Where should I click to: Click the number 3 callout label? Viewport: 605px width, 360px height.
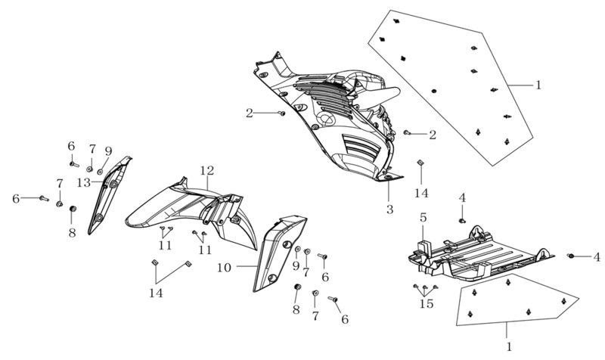(389, 209)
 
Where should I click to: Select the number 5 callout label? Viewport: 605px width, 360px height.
(423, 218)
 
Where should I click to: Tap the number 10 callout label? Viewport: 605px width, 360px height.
(224, 268)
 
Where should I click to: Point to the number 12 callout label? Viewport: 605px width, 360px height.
(206, 170)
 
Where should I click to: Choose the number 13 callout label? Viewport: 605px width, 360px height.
(83, 182)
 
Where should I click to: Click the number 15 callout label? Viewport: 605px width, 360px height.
(427, 304)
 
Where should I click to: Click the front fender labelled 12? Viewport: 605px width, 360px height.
(191, 214)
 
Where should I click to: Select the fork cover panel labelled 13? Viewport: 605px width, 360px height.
(109, 195)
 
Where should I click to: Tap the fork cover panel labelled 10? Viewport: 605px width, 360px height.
(279, 253)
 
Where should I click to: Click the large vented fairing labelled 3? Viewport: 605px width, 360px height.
(328, 116)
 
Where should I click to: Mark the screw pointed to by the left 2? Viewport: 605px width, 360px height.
(281, 113)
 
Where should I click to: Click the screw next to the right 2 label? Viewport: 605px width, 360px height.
(406, 132)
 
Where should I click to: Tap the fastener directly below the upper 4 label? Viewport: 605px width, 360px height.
(461, 221)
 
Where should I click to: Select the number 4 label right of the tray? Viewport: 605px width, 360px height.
(597, 256)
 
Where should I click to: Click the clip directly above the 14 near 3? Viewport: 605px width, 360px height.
(420, 163)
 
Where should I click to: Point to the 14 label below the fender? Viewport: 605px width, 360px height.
(156, 293)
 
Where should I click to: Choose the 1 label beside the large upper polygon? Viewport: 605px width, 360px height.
(538, 85)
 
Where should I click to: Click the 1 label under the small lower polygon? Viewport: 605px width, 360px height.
(509, 347)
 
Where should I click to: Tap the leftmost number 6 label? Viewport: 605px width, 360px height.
(16, 199)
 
